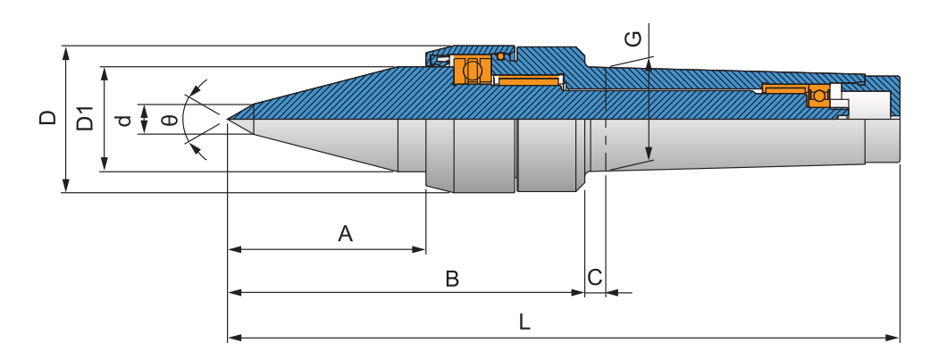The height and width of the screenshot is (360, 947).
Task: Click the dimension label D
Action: coord(48,117)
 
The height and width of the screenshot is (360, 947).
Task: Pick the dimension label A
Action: coord(346,234)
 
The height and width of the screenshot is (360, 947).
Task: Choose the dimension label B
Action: coord(452,279)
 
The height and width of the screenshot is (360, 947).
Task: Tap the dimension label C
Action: coord(595,278)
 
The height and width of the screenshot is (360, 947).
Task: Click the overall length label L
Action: coord(525,323)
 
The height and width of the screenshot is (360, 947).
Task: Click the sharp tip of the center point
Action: coord(229,119)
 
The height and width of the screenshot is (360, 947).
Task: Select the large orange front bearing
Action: coord(471,70)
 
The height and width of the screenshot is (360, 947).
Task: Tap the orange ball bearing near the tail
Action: coord(817,94)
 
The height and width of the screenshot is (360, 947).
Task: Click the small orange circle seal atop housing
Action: coord(501,56)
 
